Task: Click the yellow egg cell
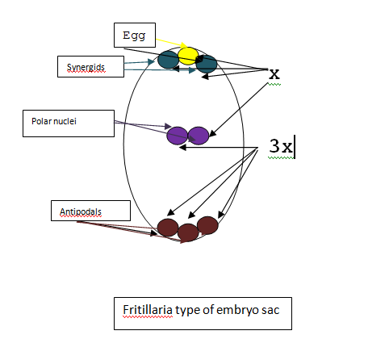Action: (x=188, y=56)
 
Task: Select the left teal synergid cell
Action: (x=168, y=60)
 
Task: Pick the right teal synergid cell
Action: (x=207, y=64)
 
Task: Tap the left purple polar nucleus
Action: (x=177, y=136)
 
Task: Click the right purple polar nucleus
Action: (x=199, y=136)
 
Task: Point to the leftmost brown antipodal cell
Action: (x=168, y=228)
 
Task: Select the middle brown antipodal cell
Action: (x=188, y=232)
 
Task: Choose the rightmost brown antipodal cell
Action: (x=207, y=225)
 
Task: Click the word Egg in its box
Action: (x=134, y=36)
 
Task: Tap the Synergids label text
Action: (x=86, y=67)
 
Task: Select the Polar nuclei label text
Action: (x=54, y=121)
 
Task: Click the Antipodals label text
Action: (x=81, y=211)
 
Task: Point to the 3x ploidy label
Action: (x=281, y=146)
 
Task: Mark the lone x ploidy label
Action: (x=274, y=73)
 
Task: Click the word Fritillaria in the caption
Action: (x=148, y=310)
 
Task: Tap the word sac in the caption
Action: (x=270, y=311)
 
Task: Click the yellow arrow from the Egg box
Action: (x=172, y=43)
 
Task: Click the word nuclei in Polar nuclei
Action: (x=65, y=121)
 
